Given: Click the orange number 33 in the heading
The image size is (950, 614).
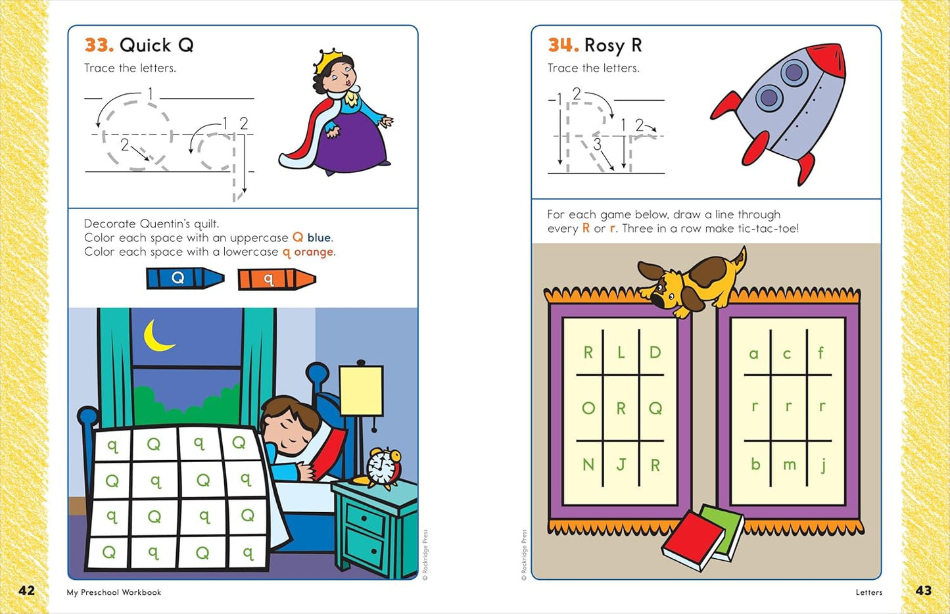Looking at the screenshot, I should pos(99,45).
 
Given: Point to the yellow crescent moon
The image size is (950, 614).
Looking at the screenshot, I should pos(158,335).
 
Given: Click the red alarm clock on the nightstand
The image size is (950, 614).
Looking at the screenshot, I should pos(383,467).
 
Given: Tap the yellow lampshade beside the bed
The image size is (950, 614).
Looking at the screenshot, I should pos(361,390).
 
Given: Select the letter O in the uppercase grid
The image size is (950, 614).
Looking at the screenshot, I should pos(588,408).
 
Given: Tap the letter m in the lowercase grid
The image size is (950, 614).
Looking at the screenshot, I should pos(789,465).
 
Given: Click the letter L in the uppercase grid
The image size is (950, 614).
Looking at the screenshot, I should pos(621,353).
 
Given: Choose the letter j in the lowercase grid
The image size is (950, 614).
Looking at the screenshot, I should pos(822,465).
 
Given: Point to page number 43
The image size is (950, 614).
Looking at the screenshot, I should pos(923,590).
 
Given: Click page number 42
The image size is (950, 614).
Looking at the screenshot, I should pos(27,590).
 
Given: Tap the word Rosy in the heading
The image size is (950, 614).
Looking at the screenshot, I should pos(604,45).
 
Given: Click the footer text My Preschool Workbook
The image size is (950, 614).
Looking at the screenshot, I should pos(114,592).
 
